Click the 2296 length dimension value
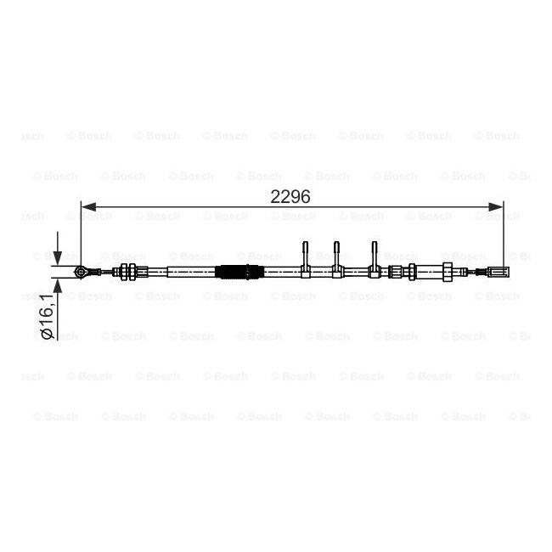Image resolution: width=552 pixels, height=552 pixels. click(290, 196)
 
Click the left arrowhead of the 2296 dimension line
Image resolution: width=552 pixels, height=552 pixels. click(88, 207)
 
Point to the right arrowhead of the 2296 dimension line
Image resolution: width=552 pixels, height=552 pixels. click(496, 207)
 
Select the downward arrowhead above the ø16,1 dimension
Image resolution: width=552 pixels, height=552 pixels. click(58, 257)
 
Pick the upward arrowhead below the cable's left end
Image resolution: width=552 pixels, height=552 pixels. click(58, 285)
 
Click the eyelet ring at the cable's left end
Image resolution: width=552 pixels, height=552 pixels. click(81, 272)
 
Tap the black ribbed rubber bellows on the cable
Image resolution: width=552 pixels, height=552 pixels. click(239, 272)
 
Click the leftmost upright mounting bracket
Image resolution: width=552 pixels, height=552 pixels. click(305, 260)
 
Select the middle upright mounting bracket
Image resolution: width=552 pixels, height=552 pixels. click(337, 260)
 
